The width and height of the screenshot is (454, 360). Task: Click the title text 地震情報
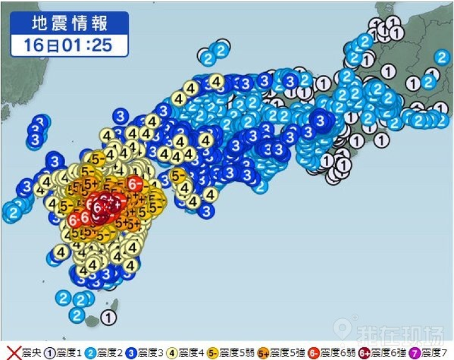coord(69,24)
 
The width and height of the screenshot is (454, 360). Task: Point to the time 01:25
coord(87,45)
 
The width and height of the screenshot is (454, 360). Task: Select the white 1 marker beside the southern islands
coord(108,316)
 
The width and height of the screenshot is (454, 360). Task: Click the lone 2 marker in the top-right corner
coord(441,57)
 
